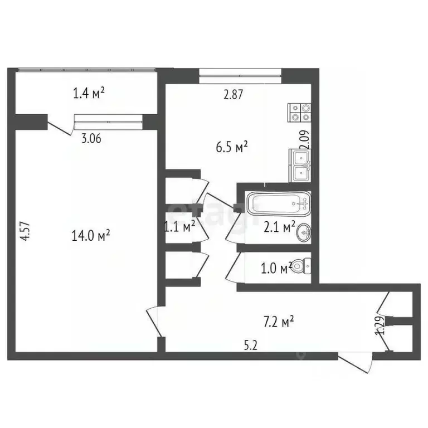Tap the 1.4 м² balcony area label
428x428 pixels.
[x=90, y=94]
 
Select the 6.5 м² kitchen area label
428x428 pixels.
[x=232, y=148]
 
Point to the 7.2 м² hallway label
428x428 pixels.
[x=278, y=322]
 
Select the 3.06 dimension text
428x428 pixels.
[x=91, y=139]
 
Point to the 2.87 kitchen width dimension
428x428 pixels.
[x=234, y=95]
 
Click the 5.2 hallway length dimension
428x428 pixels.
[x=251, y=345]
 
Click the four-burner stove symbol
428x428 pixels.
[x=299, y=113]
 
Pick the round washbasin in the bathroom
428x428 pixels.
[x=304, y=231]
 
